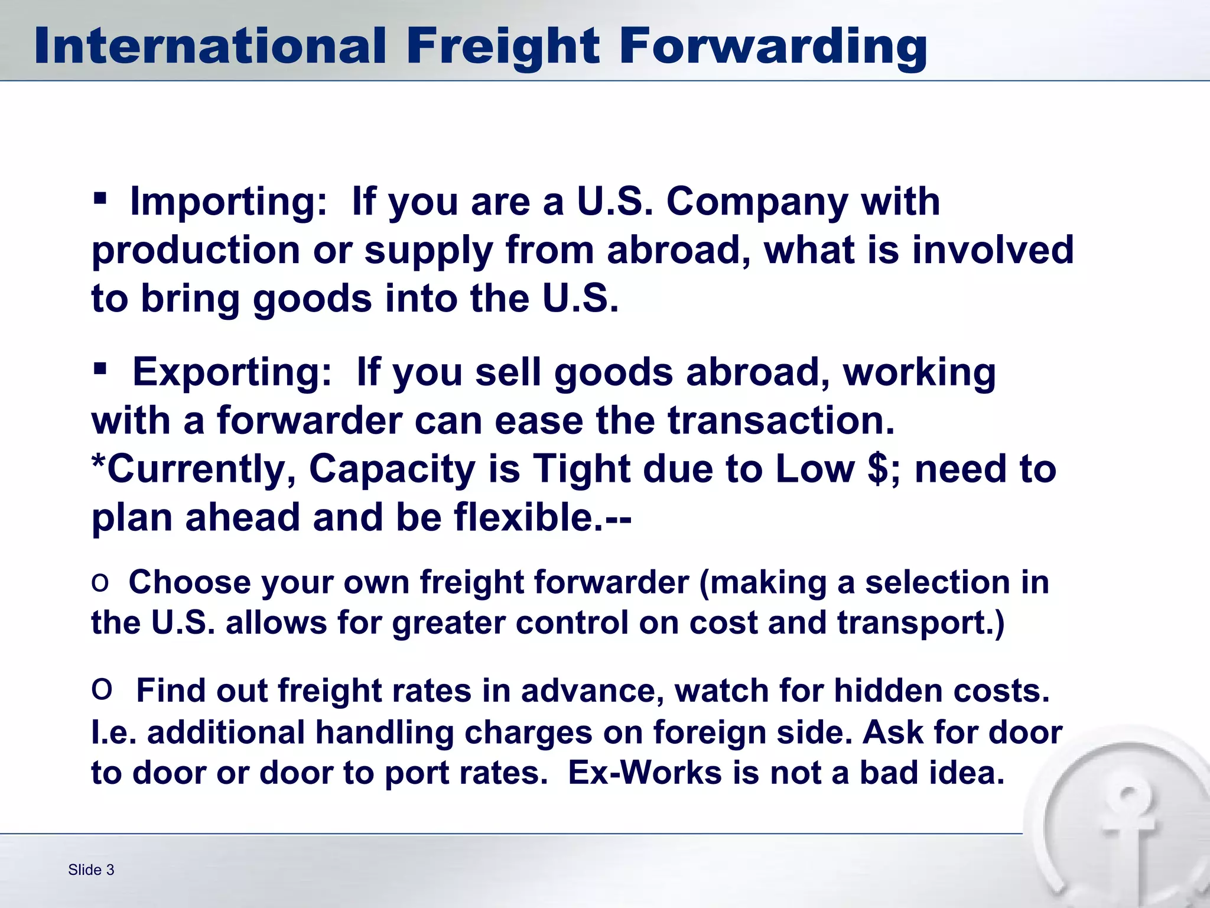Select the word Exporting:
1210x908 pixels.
pyautogui.click(x=232, y=372)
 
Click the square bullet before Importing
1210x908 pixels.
pyautogui.click(x=100, y=197)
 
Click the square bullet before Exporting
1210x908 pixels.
pyautogui.click(x=100, y=369)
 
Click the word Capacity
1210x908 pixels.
pyautogui.click(x=392, y=469)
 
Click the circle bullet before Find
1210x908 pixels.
pyautogui.click(x=102, y=689)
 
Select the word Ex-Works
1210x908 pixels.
pyautogui.click(x=645, y=773)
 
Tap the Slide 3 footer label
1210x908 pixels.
pyautogui.click(x=91, y=870)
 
